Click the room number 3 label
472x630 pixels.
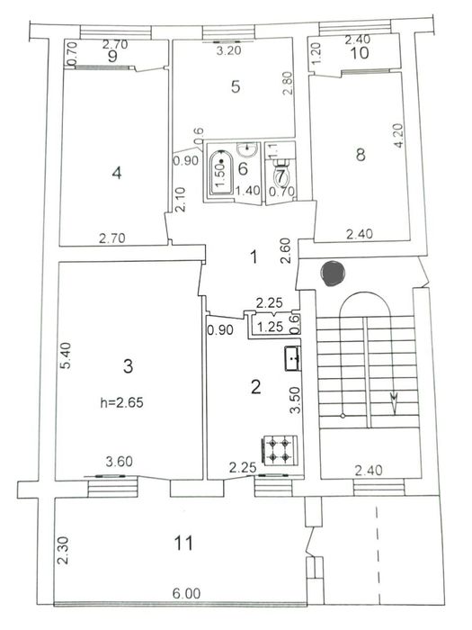[129, 365]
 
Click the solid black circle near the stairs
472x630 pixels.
[331, 272]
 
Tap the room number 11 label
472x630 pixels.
[183, 543]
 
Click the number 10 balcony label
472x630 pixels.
[360, 53]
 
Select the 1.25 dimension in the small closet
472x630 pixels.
[265, 328]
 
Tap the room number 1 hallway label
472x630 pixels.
[254, 257]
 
